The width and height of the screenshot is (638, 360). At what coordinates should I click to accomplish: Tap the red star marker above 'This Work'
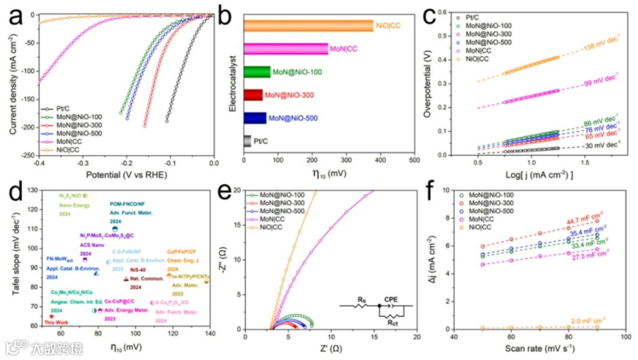(52, 316)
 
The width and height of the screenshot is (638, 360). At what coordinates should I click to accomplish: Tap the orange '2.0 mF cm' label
(588, 319)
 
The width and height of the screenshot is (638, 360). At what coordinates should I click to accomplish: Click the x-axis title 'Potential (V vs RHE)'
(126, 176)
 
